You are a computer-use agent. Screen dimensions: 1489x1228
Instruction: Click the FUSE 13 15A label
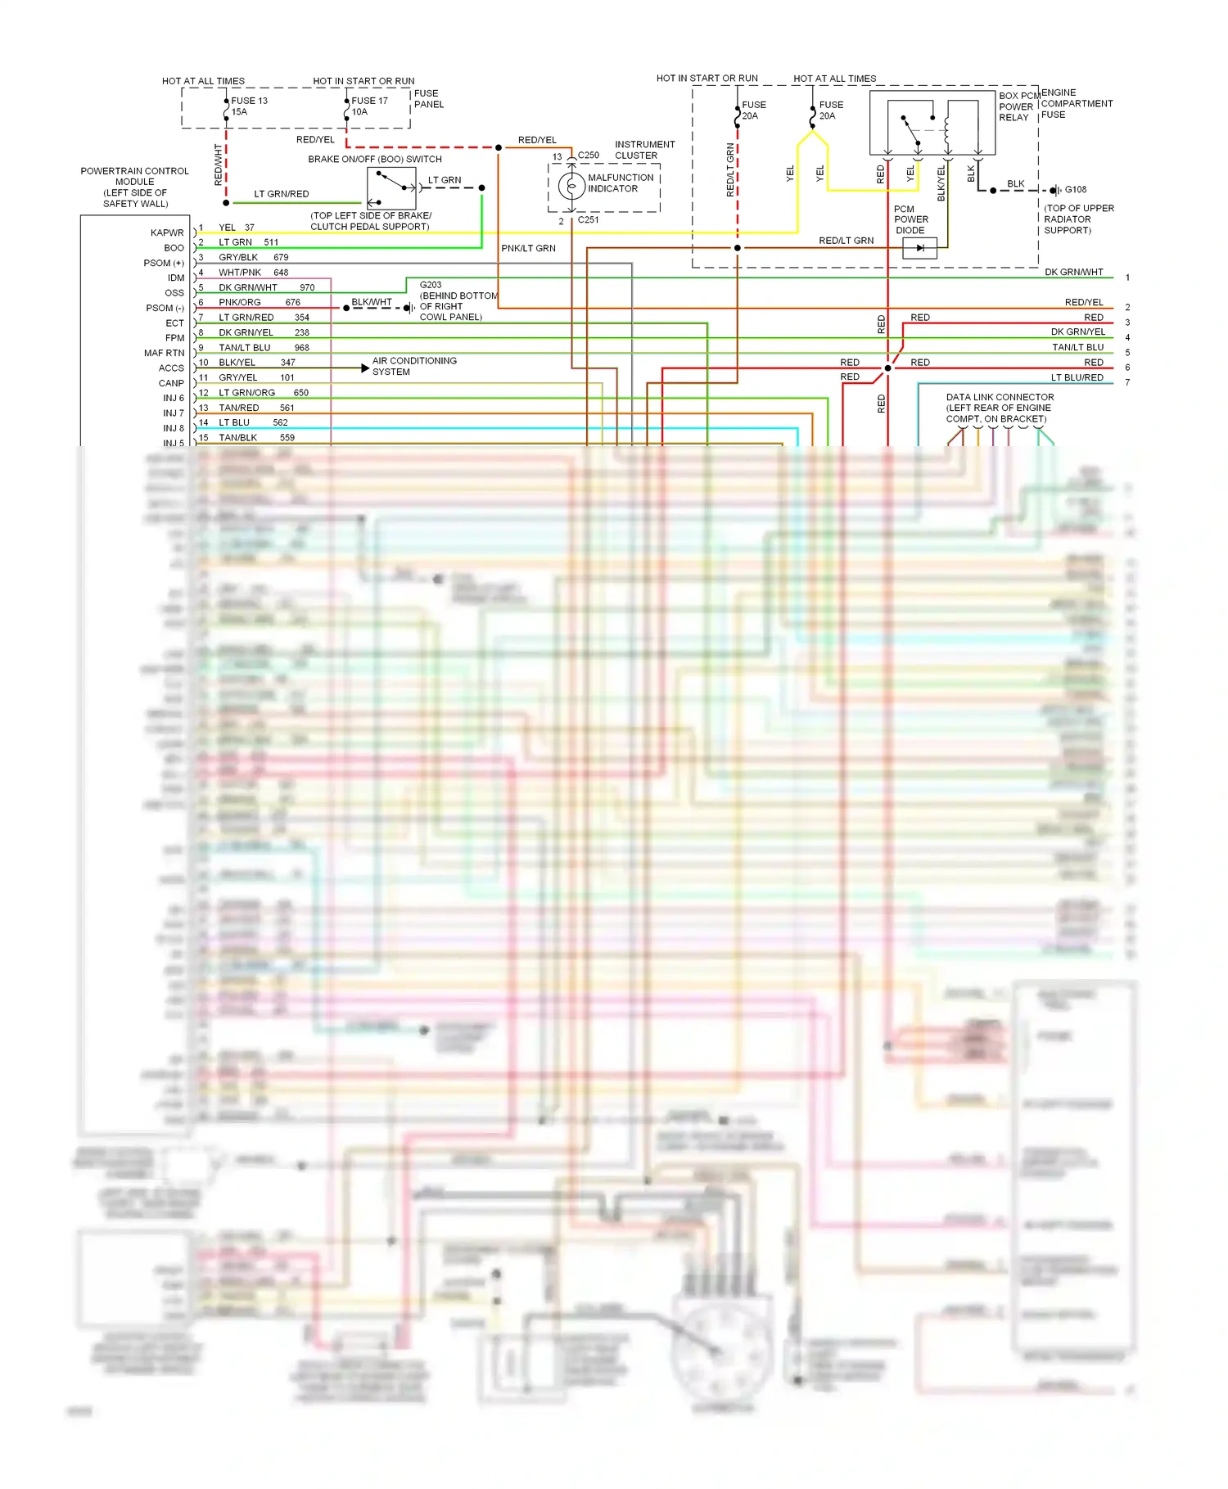pos(249,106)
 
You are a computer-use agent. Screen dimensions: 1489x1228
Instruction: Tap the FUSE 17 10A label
pos(369,106)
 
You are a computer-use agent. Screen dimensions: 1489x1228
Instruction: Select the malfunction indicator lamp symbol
pos(571,186)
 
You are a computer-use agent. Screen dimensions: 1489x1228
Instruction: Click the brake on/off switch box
pos(391,188)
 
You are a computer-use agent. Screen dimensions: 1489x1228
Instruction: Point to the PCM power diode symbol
pos(919,248)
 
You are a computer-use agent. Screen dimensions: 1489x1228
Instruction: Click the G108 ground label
pos(1076,190)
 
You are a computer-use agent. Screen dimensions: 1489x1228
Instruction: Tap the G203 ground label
pos(431,285)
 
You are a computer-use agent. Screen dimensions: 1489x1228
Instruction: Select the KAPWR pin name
pos(167,233)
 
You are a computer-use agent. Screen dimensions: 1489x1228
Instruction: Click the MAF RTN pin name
pos(164,354)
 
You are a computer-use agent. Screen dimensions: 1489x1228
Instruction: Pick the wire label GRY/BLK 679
pos(253,258)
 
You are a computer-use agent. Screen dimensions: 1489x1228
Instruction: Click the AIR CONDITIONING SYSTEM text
pos(414,367)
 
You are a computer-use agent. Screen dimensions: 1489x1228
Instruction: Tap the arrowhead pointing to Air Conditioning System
pos(365,368)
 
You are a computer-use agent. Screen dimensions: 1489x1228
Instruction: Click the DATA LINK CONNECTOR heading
pos(1000,397)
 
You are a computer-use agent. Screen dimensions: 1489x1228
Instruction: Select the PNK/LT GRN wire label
pos(528,249)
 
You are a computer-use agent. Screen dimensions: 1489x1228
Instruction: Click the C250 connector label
pos(589,156)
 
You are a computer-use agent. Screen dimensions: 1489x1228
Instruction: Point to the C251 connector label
pos(589,220)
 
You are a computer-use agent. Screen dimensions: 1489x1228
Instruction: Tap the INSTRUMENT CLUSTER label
pos(645,150)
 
